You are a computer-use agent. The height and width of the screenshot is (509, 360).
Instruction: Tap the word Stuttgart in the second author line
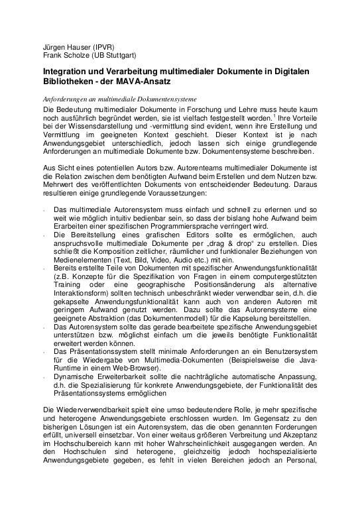(117, 56)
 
